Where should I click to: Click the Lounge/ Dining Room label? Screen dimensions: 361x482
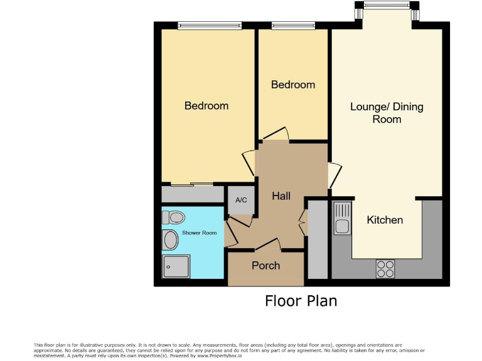[387, 113]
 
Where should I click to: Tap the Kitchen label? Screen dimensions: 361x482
[385, 220]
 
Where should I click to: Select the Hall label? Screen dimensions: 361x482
[281, 196]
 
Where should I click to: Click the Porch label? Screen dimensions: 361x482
[265, 266]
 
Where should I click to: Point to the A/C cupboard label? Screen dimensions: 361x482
[241, 201]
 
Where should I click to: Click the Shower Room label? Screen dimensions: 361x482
[200, 233]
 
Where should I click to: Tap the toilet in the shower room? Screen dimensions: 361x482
[174, 217]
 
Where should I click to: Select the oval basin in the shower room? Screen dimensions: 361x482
[170, 239]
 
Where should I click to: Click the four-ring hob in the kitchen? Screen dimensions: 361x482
[385, 268]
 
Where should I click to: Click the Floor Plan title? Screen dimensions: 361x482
[301, 301]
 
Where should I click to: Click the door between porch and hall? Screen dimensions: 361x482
[268, 244]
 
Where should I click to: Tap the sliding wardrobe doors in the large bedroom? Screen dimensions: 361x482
[193, 185]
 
